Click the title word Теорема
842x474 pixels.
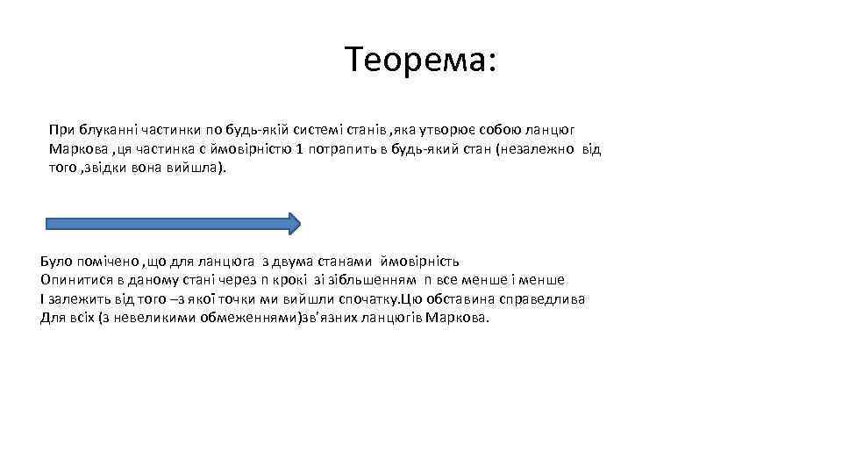coord(419,61)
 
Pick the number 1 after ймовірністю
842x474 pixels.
coord(300,148)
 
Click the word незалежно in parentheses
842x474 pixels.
coord(539,148)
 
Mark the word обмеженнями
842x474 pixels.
coord(248,318)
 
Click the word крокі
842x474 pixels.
coord(289,280)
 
